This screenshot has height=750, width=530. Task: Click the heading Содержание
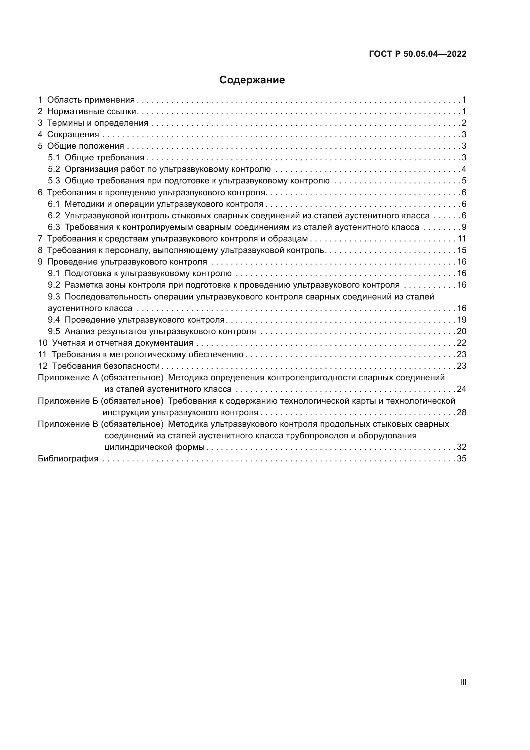coord(252,80)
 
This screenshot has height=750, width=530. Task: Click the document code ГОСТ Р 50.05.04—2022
coord(418,54)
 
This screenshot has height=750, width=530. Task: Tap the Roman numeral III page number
coord(463,682)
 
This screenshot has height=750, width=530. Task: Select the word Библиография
coord(68,459)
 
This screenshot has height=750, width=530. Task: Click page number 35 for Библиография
coord(461,459)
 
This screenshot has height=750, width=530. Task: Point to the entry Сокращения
coord(73,135)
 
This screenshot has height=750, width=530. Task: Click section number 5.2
coord(54,169)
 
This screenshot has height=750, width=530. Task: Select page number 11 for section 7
coord(462,239)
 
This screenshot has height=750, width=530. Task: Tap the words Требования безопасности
coord(106,366)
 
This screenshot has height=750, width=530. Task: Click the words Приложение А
coord(68,378)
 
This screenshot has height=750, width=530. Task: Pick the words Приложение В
coord(68,424)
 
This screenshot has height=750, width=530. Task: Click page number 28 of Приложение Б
coord(461,413)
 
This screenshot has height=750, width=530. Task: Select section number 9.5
coord(54,332)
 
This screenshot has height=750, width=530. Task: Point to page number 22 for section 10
coord(461,343)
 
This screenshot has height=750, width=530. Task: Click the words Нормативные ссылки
coord(92,111)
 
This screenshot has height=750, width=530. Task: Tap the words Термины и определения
coord(98,123)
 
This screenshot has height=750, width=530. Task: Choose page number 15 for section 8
coord(462,250)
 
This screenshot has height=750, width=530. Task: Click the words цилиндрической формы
coord(154,447)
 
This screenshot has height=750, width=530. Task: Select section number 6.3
coord(54,227)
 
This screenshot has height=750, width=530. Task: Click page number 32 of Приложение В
coord(461,447)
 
